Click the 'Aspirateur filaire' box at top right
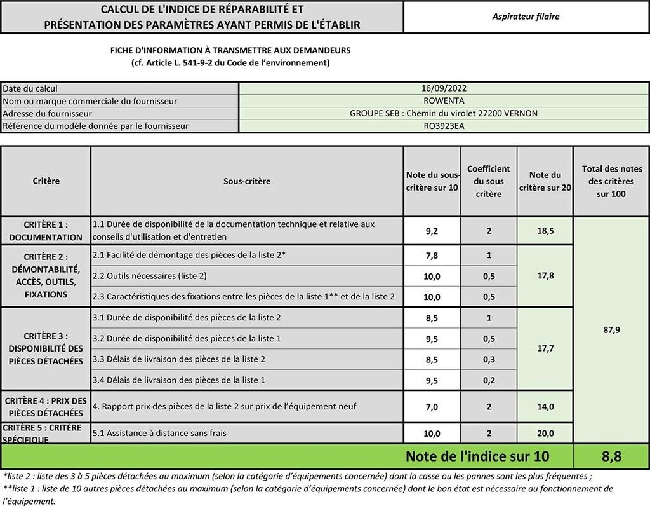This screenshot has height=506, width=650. coord(526,17)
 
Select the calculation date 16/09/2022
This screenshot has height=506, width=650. coord(444,88)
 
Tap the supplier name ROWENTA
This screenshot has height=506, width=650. coord(444,100)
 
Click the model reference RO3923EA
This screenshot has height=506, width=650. coord(444,126)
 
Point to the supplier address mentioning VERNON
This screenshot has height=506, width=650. coord(444,113)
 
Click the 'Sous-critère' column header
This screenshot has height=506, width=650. coord(247,181)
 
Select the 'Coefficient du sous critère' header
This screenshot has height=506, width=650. coord(488,181)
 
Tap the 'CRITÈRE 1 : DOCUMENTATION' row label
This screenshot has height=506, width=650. coord(46,231)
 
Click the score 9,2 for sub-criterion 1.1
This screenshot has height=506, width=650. coord(432,231)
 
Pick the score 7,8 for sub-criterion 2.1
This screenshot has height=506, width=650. coord(432,256)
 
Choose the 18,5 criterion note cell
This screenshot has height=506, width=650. coord(545,231)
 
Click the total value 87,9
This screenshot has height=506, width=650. coord(611,329)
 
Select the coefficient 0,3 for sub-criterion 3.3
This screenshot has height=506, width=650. coord(488,359)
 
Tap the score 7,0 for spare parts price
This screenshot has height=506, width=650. coord(432,407)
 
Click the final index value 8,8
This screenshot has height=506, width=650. coord(611,456)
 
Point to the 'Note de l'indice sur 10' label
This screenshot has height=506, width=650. coord(477,456)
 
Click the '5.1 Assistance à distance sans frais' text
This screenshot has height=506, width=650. coord(159,433)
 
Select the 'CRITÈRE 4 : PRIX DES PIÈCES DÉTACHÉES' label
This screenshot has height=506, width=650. coord(46,407)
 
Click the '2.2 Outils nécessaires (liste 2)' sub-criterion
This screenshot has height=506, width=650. coord(150,276)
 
